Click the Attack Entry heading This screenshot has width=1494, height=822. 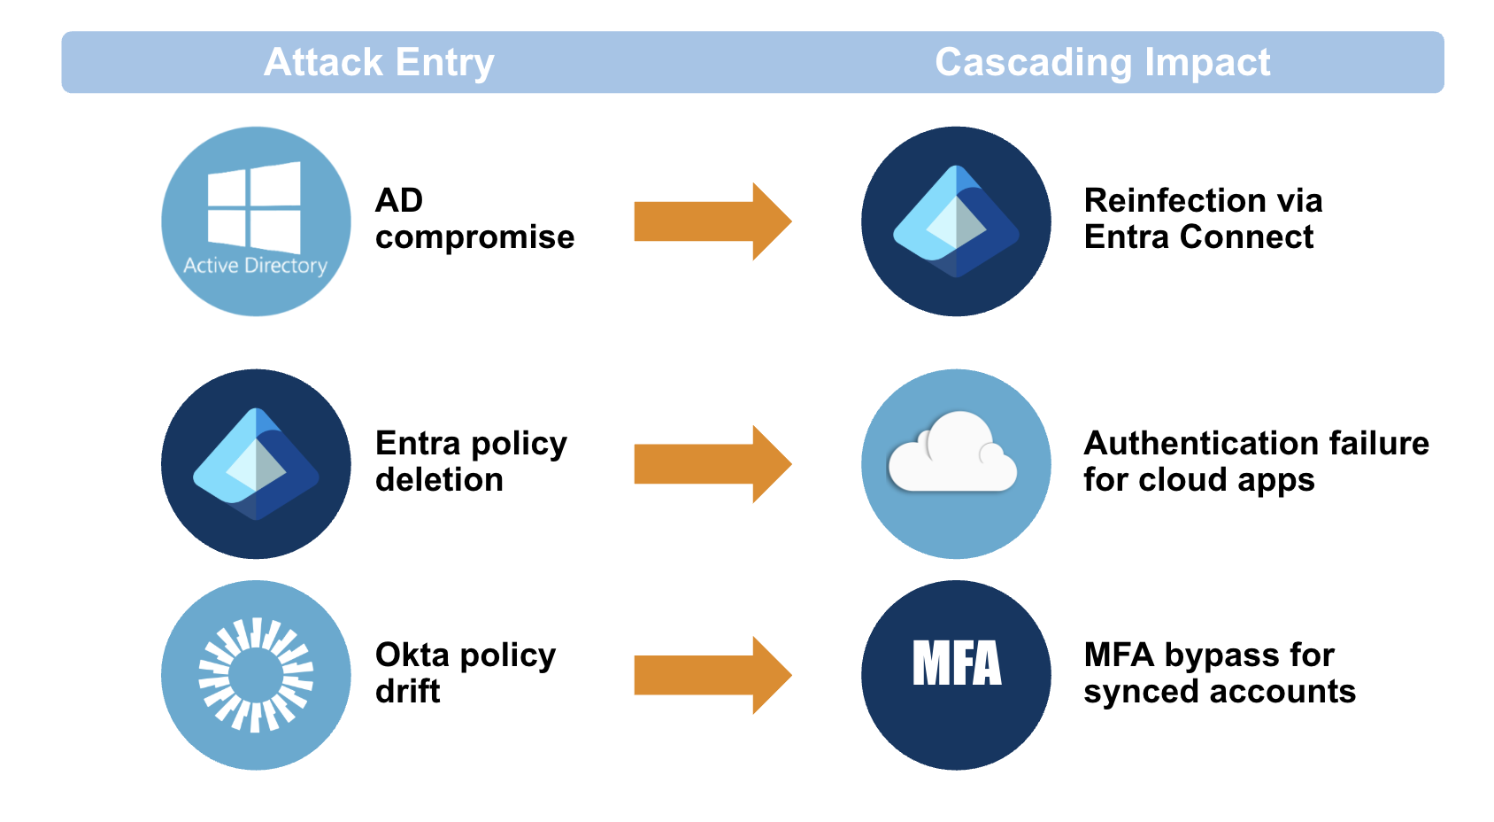tap(379, 63)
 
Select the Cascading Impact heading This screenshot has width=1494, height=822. tap(1103, 63)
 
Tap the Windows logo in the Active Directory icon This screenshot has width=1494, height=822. tap(254, 206)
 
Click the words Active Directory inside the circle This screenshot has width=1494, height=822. tap(256, 265)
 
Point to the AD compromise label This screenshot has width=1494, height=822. tap(474, 219)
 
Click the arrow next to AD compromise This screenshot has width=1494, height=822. tap(713, 221)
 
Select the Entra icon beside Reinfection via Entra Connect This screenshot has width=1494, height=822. tap(956, 221)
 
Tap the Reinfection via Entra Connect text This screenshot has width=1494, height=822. tap(1203, 219)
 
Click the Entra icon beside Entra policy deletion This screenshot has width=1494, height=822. tap(256, 464)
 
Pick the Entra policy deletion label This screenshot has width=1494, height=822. tap(471, 461)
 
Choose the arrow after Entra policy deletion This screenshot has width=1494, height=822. tap(713, 463)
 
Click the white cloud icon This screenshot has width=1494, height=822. tap(953, 452)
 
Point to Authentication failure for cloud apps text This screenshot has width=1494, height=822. tap(1256, 461)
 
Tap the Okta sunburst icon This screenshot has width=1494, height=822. tap(256, 675)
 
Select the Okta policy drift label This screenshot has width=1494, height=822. tap(466, 672)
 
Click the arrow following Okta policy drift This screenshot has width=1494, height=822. tap(713, 675)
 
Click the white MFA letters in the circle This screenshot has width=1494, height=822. tap(957, 663)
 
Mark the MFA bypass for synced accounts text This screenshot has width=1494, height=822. tap(1220, 672)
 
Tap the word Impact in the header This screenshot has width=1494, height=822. tap(1207, 63)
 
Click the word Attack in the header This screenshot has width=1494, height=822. tap(323, 63)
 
